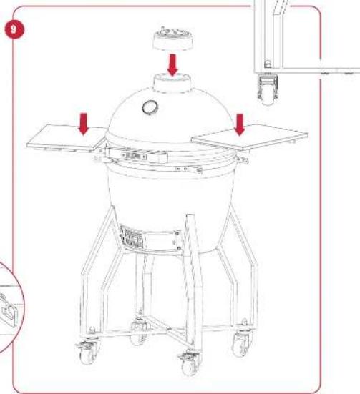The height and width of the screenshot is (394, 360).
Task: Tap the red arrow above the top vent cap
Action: [172, 64]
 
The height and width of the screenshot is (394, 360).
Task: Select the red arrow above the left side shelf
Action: [84, 124]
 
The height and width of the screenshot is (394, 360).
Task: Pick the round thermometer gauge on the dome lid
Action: [152, 107]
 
